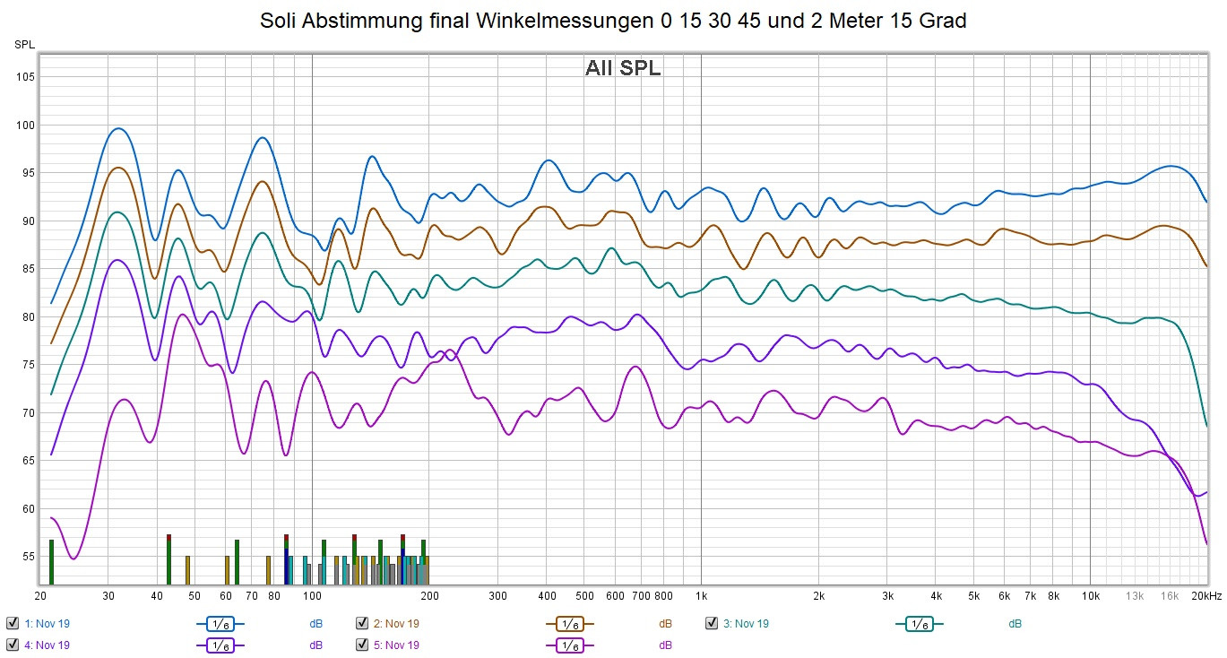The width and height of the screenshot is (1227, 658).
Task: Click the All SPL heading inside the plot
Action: click(x=623, y=68)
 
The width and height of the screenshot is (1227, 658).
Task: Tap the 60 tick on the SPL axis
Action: click(x=27, y=508)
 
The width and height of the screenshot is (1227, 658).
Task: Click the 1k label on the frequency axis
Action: click(x=701, y=595)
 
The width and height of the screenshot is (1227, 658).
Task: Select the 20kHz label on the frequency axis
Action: click(x=1205, y=595)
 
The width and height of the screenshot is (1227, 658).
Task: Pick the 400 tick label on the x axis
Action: click(x=547, y=595)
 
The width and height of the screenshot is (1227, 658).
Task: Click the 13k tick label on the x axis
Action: click(x=1135, y=595)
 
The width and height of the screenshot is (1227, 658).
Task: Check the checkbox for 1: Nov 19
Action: click(x=13, y=623)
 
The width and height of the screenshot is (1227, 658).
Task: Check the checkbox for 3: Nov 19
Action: click(x=712, y=623)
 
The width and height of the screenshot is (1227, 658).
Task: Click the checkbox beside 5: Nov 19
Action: click(x=362, y=645)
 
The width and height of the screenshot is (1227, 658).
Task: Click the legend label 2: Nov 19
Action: click(x=395, y=623)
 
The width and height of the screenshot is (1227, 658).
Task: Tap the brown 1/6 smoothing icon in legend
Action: click(x=570, y=623)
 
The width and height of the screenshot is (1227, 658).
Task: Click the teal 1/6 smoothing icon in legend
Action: click(x=920, y=623)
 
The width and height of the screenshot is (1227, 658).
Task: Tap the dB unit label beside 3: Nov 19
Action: click(x=1015, y=623)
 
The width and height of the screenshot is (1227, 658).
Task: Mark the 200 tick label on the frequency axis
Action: click(x=429, y=595)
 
